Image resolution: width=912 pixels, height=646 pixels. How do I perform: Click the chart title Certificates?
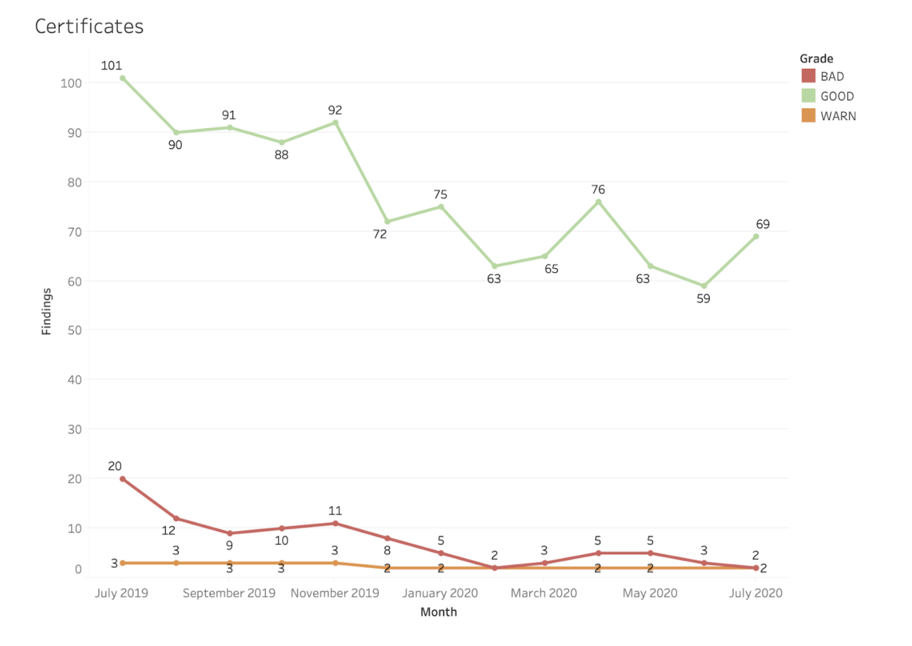tap(89, 26)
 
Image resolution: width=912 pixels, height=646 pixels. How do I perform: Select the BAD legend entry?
tap(831, 77)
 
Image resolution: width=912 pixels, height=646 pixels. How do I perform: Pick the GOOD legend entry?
tap(837, 96)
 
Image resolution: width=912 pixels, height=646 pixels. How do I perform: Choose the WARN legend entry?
tap(838, 116)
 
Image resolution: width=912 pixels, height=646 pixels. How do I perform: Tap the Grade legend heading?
tap(816, 59)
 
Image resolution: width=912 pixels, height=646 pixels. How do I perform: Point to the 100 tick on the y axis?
tap(71, 83)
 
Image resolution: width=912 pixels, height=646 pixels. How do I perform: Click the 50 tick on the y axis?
tap(75, 330)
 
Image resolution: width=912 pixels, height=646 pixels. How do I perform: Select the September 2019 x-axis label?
tap(229, 593)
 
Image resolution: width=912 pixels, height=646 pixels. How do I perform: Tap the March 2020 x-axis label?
tap(544, 593)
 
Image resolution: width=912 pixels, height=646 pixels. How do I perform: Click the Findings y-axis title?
tap(46, 311)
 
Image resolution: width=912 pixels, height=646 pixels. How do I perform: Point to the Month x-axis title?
tap(439, 612)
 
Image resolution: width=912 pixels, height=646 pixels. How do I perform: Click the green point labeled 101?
tap(123, 79)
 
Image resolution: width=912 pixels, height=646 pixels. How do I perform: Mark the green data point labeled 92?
tap(335, 123)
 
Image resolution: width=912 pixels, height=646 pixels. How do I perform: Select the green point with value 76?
tap(598, 202)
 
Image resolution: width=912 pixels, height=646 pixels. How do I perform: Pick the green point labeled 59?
tap(704, 286)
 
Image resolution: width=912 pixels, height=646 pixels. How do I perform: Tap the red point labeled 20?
tap(123, 479)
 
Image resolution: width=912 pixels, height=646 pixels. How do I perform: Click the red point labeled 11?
tap(335, 523)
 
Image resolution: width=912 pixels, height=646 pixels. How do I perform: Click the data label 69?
tap(763, 225)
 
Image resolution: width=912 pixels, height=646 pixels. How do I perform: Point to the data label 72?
tap(380, 234)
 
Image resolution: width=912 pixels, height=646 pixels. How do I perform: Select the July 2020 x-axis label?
tap(755, 593)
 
